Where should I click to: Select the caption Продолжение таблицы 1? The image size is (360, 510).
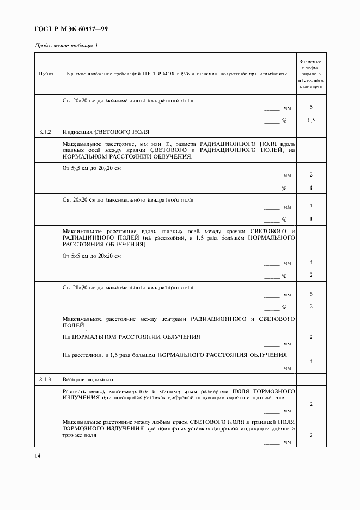click(66, 45)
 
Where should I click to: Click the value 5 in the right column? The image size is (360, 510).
click(310, 108)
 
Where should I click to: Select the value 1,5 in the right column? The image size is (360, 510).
click(310, 120)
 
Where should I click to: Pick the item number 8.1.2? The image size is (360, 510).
click(46, 132)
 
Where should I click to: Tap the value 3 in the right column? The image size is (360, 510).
click(310, 207)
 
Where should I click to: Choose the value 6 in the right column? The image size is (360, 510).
click(310, 294)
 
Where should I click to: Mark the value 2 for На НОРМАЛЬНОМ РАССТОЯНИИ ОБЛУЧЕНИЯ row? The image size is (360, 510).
click(310, 338)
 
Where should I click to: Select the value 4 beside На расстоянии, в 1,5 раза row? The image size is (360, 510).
click(310, 361)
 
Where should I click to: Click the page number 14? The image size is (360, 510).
click(38, 456)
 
